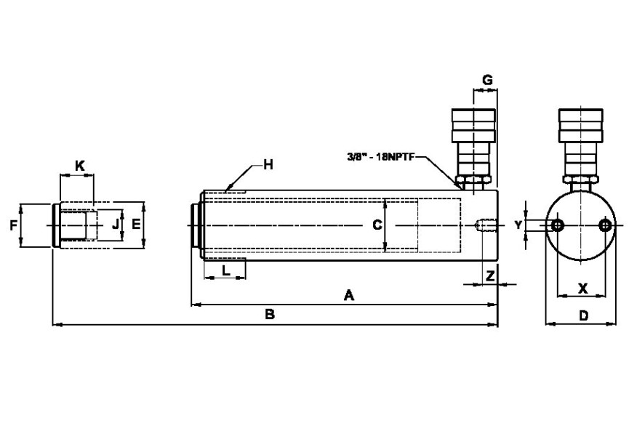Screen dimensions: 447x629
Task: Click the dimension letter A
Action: [348, 295]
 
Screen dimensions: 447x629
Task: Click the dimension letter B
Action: [269, 315]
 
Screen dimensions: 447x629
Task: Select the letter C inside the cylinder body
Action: [377, 225]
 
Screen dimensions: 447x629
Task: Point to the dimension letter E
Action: [135, 225]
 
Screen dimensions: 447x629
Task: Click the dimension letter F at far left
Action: [13, 226]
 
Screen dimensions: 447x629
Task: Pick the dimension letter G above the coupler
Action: [487, 79]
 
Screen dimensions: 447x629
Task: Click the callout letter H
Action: [268, 165]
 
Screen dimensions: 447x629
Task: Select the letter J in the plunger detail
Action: [115, 225]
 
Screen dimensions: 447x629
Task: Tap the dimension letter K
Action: [80, 166]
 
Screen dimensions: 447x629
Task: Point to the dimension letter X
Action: [582, 288]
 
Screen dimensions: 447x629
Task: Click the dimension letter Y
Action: [518, 225]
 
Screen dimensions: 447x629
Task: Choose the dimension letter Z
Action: [491, 275]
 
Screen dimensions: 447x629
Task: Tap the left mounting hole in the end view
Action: [558, 226]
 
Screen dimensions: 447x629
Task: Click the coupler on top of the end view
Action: [580, 142]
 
